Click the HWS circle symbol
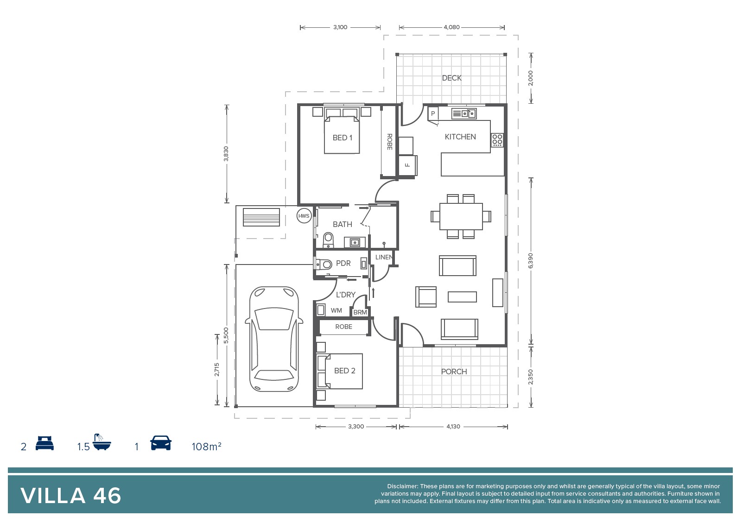304,216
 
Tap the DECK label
451,78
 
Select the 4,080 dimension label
451,27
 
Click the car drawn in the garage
274,339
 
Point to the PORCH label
454,372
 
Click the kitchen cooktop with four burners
497,140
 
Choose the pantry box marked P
433,113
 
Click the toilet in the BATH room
328,240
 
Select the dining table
461,216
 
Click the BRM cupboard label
360,312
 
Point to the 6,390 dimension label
530,260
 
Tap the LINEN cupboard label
384,257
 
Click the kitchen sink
464,113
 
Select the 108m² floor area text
206,447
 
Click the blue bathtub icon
102,442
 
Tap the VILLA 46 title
70,496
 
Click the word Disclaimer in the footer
402,486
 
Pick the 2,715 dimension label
216,369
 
